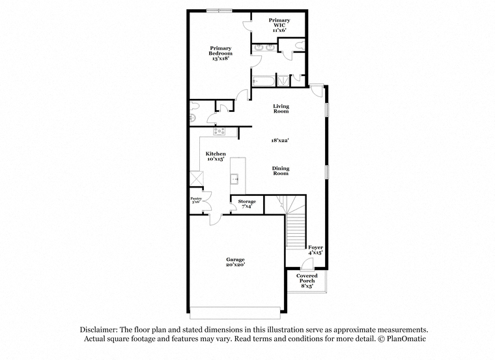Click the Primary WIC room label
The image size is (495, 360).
(x=279, y=25)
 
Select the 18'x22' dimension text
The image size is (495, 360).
(x=280, y=141)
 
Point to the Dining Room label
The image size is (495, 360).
(x=281, y=171)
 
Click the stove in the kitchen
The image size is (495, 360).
(x=219, y=131)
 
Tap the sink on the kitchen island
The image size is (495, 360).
(x=235, y=178)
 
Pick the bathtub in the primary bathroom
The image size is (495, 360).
(x=264, y=81)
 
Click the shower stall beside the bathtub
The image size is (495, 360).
(x=283, y=81)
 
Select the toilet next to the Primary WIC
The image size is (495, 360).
(x=299, y=45)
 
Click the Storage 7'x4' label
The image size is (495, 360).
(x=247, y=204)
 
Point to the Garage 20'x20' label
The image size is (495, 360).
(x=236, y=262)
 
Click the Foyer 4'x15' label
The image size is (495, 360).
(x=315, y=250)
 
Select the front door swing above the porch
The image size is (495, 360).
(x=307, y=264)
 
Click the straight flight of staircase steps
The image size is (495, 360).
(x=296, y=231)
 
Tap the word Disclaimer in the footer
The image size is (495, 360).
(x=99, y=329)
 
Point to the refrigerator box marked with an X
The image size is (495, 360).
(x=196, y=178)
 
